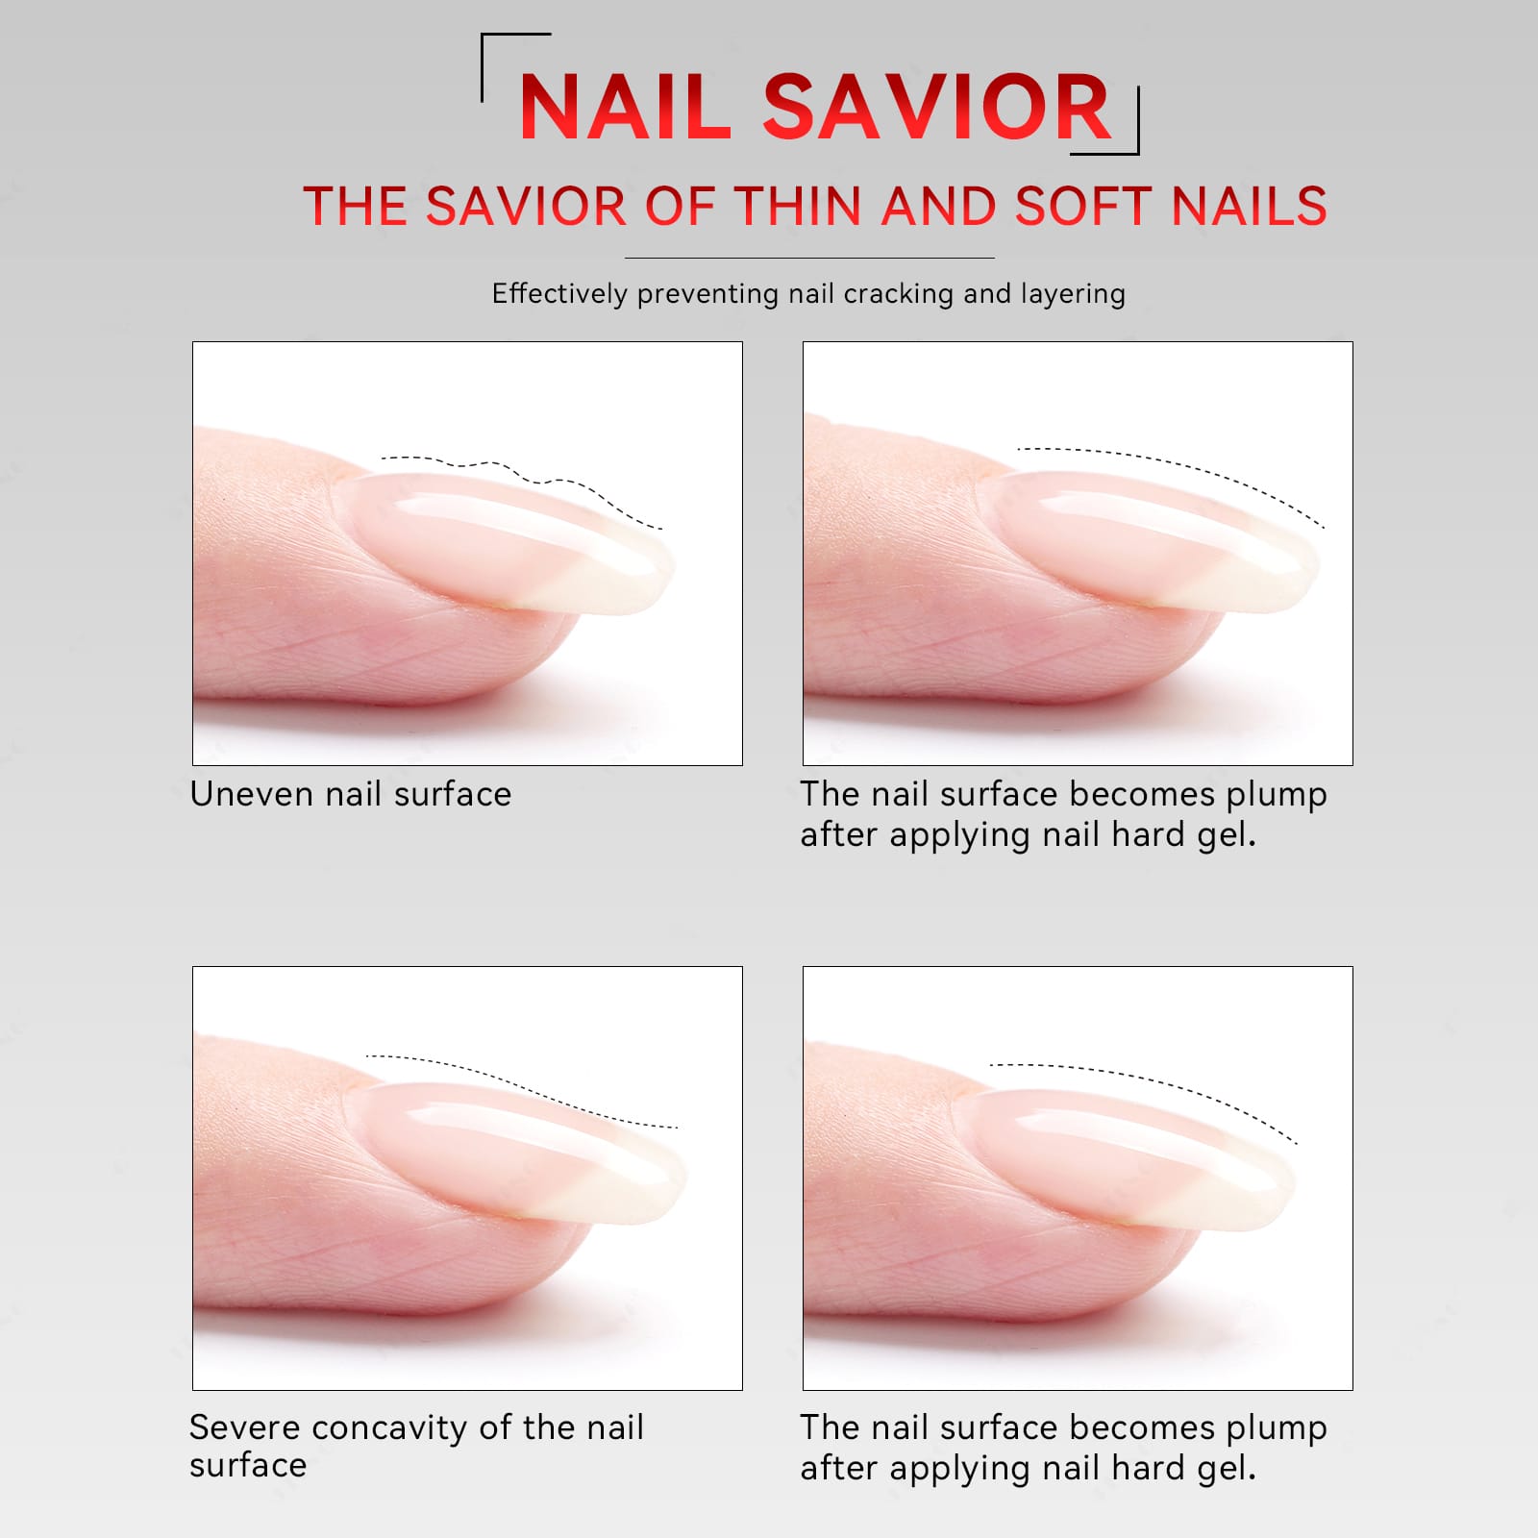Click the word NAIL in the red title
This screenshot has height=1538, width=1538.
pyautogui.click(x=625, y=107)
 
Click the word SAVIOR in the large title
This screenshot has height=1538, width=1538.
pyautogui.click(x=937, y=107)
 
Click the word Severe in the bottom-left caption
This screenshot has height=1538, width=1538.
pyautogui.click(x=245, y=1428)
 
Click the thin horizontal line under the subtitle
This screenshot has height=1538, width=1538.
pyautogui.click(x=809, y=258)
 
